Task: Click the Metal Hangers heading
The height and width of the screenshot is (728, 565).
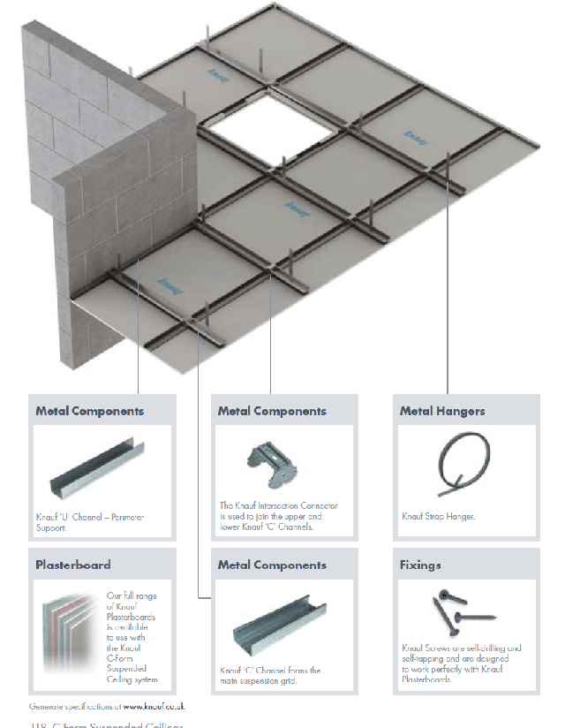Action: point(442,411)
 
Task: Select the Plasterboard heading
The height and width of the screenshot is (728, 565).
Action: point(73,565)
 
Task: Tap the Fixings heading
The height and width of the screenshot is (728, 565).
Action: point(420,565)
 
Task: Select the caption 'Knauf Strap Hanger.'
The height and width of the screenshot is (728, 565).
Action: point(439,517)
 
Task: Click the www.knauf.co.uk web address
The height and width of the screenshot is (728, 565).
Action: point(154,707)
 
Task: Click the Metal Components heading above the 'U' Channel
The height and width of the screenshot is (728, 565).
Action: point(90,411)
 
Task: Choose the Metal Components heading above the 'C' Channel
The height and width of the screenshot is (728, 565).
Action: point(272,565)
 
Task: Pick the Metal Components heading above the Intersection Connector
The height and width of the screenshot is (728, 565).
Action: point(272,411)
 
